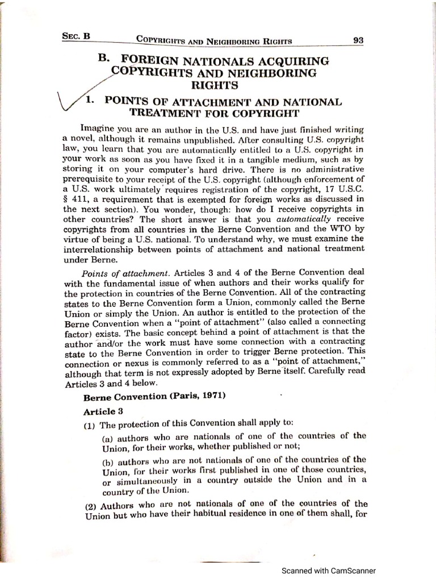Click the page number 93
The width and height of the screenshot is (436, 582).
(358, 40)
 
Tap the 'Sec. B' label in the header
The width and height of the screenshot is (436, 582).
(76, 36)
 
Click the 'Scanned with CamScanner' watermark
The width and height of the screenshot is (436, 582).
(329, 571)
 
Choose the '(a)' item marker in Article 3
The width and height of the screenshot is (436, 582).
(108, 438)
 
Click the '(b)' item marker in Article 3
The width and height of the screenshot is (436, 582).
(108, 460)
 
